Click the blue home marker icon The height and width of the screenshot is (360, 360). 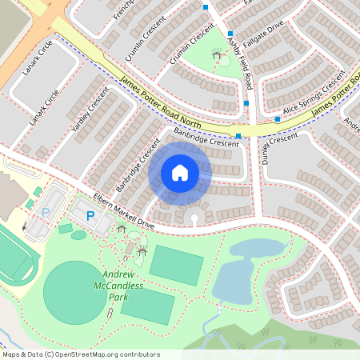180,172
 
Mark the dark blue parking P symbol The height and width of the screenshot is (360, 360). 90,216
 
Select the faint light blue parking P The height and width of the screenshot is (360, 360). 46,212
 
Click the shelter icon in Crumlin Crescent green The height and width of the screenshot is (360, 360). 216,54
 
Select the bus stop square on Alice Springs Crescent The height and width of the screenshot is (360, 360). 278,119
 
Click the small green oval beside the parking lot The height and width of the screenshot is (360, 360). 78,235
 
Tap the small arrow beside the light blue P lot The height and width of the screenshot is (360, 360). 25,226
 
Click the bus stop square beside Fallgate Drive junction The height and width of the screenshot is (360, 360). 230,34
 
